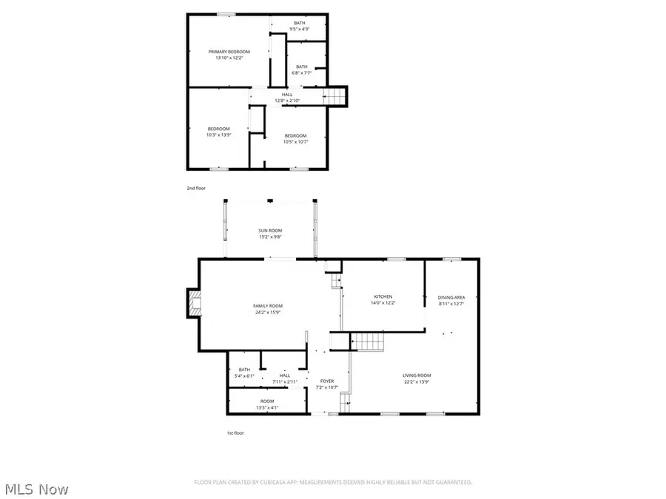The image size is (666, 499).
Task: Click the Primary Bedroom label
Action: [229, 52]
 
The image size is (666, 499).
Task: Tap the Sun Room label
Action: [269, 231]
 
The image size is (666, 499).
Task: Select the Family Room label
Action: [268, 306]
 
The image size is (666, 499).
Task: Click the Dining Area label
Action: [451, 296]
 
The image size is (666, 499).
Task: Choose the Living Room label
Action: [416, 375]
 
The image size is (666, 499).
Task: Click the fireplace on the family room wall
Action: [194, 304]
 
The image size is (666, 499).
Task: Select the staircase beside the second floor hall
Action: [336, 96]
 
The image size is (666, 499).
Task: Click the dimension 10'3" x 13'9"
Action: [218, 135]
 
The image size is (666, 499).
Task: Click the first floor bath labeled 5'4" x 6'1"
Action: [245, 373]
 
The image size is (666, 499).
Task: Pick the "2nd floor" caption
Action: [196, 189]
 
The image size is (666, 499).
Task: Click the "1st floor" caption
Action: [235, 433]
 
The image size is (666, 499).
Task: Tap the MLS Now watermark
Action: [37, 489]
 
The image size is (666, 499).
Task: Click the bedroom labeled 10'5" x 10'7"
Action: [295, 138]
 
